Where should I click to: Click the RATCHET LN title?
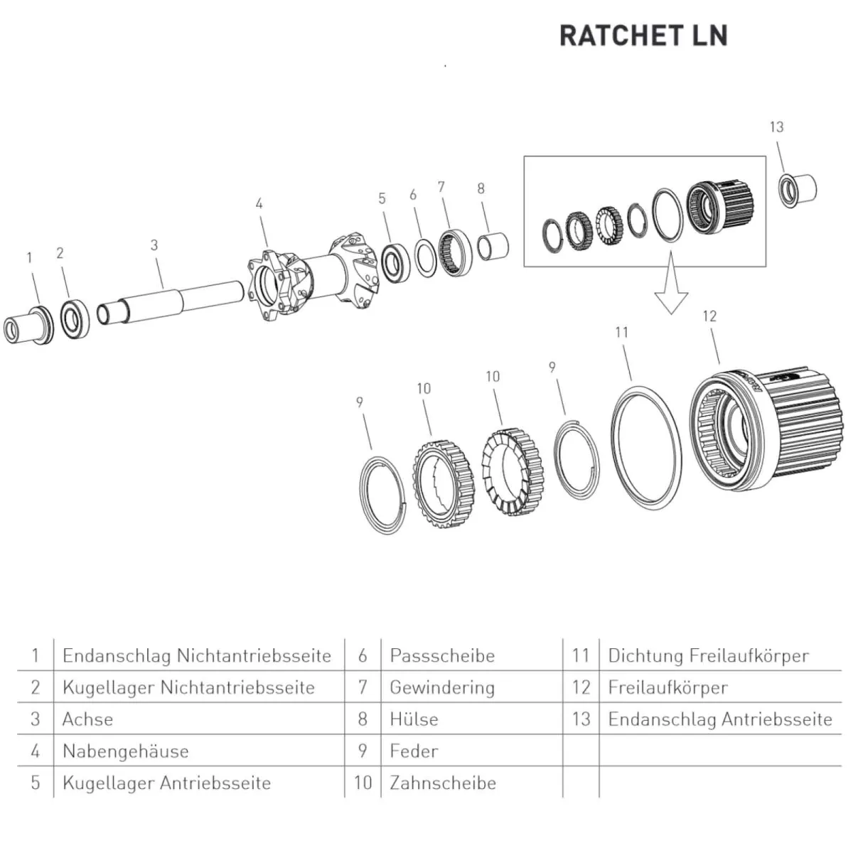tap(643, 36)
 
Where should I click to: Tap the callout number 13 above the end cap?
tap(776, 127)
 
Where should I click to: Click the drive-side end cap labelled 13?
tap(798, 189)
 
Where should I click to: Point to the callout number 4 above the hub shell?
tap(259, 204)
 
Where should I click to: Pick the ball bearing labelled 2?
tap(73, 319)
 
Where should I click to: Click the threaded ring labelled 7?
tap(452, 248)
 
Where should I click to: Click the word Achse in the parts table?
tap(87, 719)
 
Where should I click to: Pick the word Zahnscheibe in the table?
tap(443, 783)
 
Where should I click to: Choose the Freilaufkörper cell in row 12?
tap(667, 687)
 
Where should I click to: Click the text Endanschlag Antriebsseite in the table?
tap(719, 719)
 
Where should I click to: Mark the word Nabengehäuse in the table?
tap(125, 751)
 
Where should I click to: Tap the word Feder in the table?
tap(414, 751)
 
